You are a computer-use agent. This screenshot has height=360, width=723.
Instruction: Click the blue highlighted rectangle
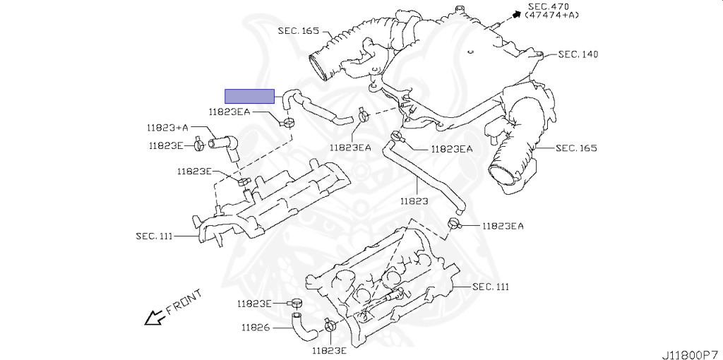coord(249,96)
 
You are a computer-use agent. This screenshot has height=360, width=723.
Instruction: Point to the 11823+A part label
coord(167,128)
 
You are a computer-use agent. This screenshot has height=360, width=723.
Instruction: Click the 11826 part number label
coord(256,328)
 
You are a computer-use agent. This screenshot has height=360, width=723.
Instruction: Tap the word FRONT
coord(184,301)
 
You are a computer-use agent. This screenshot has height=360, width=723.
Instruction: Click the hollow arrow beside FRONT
coord(153,318)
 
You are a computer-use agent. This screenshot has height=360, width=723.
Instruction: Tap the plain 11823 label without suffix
coord(414,201)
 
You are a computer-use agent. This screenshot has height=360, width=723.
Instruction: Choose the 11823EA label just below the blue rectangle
coord(230,112)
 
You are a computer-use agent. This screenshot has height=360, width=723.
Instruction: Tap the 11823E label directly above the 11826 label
coord(254,304)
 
